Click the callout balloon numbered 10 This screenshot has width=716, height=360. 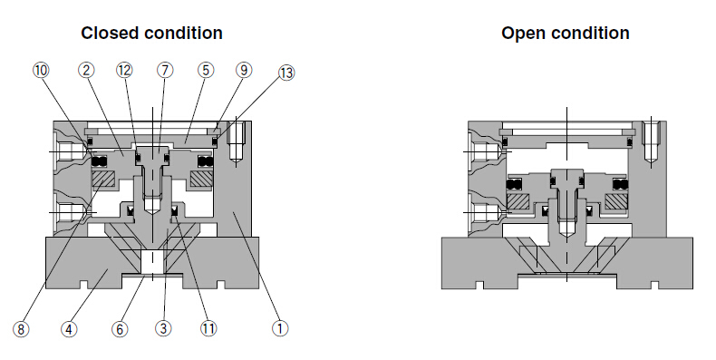pyautogui.click(x=41, y=71)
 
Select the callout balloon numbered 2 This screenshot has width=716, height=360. pyautogui.click(x=86, y=71)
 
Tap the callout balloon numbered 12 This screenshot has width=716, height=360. pyautogui.click(x=124, y=71)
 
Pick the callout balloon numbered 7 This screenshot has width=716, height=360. pyautogui.click(x=165, y=71)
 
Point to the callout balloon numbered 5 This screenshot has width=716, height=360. pyautogui.click(x=206, y=71)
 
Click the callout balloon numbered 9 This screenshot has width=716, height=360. pyautogui.click(x=244, y=71)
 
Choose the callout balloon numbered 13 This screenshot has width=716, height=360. pyautogui.click(x=286, y=73)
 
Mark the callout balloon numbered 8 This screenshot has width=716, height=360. pyautogui.click(x=21, y=329)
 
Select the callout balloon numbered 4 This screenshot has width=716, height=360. pyautogui.click(x=69, y=329)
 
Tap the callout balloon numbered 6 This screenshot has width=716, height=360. pyautogui.click(x=120, y=329)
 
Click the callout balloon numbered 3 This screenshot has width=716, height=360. pyautogui.click(x=163, y=328)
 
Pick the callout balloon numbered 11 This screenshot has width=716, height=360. pyautogui.click(x=208, y=328)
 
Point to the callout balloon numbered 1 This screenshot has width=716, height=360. pyautogui.click(x=280, y=328)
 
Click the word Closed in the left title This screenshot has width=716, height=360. pyautogui.click(x=110, y=33)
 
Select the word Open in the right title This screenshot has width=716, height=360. pyautogui.click(x=522, y=34)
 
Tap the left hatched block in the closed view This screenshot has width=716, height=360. pyautogui.click(x=103, y=179)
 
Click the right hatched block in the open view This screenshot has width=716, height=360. pyautogui.click(x=615, y=200)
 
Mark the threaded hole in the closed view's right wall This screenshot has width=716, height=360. pyautogui.click(x=236, y=141)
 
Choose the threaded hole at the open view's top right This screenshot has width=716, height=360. pyautogui.click(x=650, y=141)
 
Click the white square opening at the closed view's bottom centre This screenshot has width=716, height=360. pyautogui.click(x=152, y=262)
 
